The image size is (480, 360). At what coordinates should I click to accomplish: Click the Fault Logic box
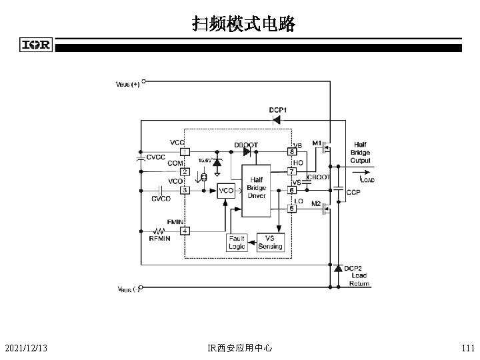tap(237, 242)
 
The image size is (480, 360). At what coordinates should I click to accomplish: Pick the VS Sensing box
tap(270, 242)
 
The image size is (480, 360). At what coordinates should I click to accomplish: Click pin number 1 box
tap(185, 151)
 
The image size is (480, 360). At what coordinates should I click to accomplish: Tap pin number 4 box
tap(185, 231)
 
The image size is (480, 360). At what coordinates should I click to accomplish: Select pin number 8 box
tap(291, 151)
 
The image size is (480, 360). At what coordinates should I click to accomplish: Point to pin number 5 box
tap(291, 209)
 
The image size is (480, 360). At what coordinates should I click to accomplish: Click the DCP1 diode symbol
tap(275, 120)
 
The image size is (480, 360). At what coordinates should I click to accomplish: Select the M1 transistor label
tap(316, 142)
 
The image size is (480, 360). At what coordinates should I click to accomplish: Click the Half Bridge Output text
tap(360, 152)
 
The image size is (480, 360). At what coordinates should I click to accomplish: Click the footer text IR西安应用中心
tap(240, 347)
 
